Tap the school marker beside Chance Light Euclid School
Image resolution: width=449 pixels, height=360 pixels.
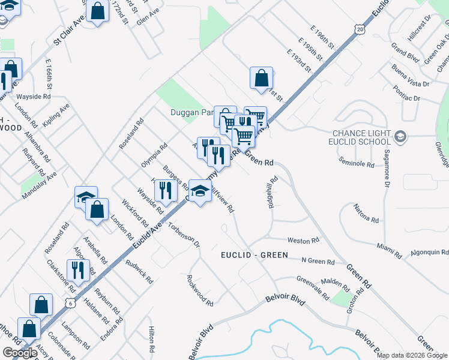click(x=402, y=137)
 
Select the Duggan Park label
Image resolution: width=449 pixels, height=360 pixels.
click(x=191, y=112)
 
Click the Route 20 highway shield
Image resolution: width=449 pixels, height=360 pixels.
click(x=359, y=29)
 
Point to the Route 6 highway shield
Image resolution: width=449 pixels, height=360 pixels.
click(x=71, y=304)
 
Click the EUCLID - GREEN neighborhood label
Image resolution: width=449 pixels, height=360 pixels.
click(x=253, y=256)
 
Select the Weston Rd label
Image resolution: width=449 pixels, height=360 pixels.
click(x=303, y=241)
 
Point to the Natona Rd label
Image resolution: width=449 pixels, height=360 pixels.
click(x=366, y=217)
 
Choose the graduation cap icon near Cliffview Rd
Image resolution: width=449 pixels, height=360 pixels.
click(x=199, y=191)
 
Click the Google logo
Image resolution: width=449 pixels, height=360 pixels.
click(x=20, y=353)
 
